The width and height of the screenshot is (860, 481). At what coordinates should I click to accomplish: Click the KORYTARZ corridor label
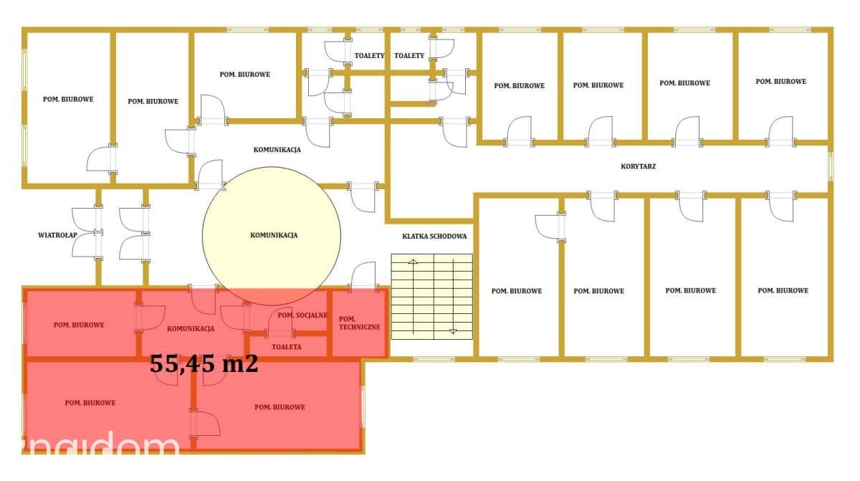tap(638, 166)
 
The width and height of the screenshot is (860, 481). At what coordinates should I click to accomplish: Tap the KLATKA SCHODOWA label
tap(434, 237)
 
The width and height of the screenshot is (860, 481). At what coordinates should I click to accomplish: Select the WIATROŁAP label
tap(57, 235)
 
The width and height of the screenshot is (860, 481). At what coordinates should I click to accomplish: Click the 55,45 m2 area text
tap(204, 363)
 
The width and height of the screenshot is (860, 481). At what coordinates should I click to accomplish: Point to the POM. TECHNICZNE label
tap(359, 323)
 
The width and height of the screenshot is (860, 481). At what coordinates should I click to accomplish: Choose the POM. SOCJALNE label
tap(302, 315)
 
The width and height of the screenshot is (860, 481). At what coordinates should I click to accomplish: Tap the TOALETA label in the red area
tap(287, 347)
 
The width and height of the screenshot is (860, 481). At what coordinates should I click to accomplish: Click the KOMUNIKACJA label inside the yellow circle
tap(274, 235)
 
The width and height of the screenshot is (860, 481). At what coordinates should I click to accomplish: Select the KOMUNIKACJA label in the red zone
tap(191, 328)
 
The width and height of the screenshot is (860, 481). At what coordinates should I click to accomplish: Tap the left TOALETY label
tap(369, 56)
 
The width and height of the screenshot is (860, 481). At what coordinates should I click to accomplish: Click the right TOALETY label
tap(409, 56)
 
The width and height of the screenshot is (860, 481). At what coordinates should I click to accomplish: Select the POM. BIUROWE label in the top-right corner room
tap(781, 82)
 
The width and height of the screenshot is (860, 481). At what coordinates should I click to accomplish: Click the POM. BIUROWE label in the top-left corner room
tap(68, 99)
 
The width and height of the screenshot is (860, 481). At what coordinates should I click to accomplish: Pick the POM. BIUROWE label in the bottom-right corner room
tap(783, 290)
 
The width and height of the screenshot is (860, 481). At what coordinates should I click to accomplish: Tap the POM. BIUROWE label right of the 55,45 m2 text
tap(279, 407)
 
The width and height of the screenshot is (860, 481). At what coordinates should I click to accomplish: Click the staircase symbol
tap(432, 296)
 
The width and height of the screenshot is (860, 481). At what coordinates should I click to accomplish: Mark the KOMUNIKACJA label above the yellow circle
tap(277, 150)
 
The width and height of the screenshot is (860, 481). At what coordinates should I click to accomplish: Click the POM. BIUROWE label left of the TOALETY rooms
tap(244, 75)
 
